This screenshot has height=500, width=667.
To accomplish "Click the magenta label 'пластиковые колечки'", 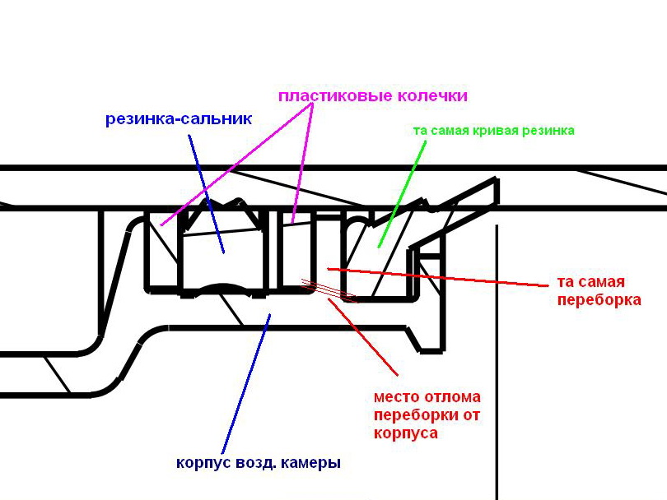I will tap(372, 96).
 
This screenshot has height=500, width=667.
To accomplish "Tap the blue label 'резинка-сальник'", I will tap(179, 118).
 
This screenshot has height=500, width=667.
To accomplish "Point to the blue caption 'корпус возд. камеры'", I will tap(258, 463).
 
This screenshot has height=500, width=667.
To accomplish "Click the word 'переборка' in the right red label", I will tap(599, 300).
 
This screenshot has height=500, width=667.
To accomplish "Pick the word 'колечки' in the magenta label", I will tap(431, 96).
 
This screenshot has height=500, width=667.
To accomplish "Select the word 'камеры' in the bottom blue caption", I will tap(312, 463).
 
